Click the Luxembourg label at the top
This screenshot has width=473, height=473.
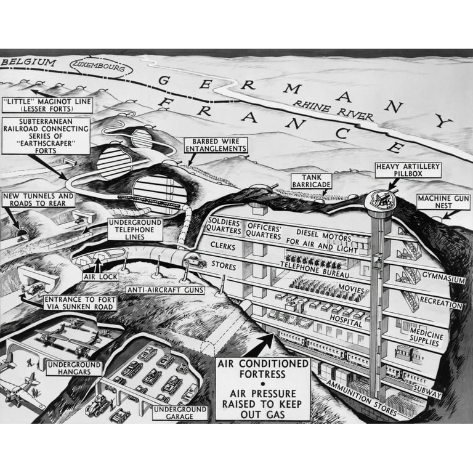(102, 64)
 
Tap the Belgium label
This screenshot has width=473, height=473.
(28, 62)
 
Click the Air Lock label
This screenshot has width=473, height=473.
(100, 277)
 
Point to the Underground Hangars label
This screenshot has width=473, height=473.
(73, 368)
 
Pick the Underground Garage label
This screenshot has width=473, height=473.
(181, 412)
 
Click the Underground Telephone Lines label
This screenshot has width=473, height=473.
(135, 229)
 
